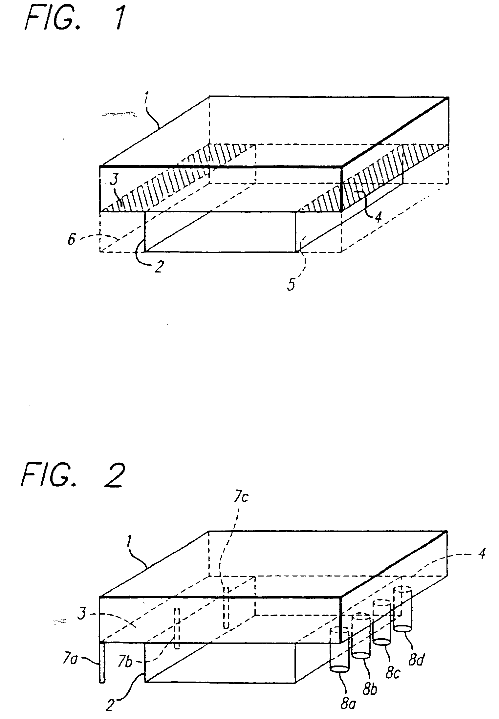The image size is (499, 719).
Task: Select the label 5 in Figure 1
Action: [291, 284]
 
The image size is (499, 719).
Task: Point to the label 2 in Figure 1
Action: [159, 268]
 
